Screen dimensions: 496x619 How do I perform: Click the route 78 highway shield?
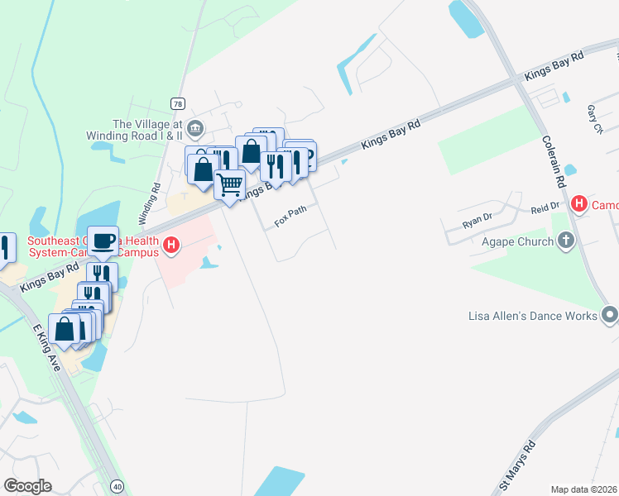178,103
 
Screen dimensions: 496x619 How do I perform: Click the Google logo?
27,486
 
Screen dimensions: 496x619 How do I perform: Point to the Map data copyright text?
584,489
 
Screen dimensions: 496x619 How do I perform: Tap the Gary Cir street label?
594,119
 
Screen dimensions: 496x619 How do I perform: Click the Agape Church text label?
518,241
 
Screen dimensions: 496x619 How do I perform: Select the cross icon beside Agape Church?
565,241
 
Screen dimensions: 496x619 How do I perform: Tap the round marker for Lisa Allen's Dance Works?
610,315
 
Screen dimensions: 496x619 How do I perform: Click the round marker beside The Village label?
195,127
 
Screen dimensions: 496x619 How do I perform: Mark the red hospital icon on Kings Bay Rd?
171,245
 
